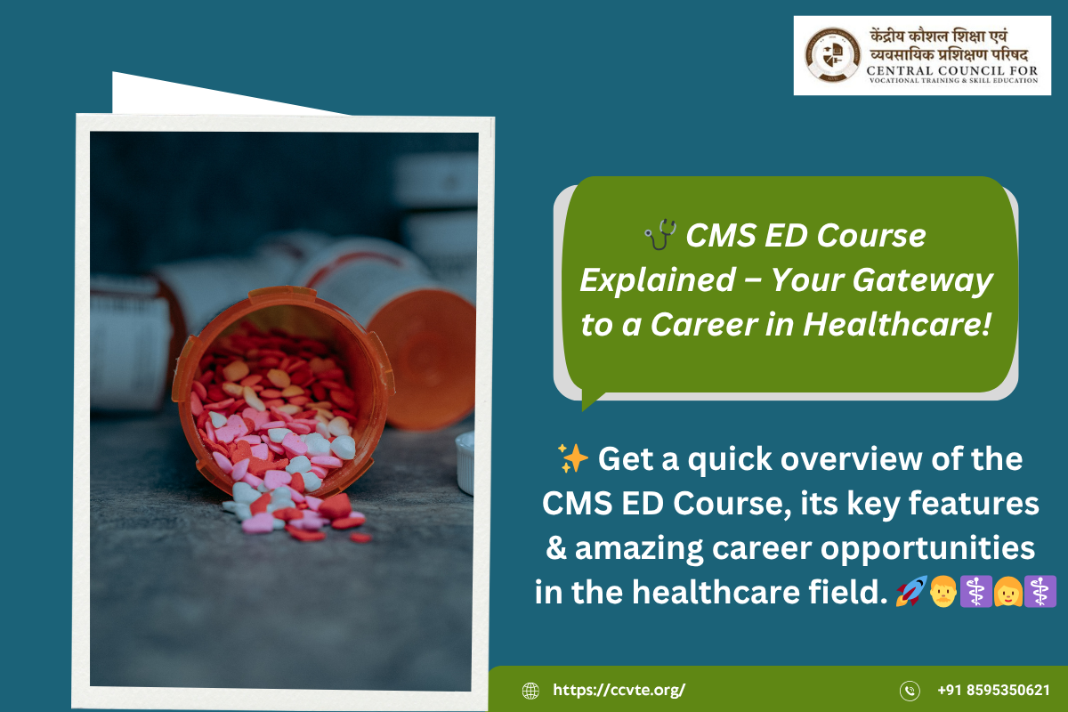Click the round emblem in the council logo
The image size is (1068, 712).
(x=832, y=55)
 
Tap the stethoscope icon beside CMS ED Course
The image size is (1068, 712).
(x=660, y=234)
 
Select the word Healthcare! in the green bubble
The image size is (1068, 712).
(x=897, y=324)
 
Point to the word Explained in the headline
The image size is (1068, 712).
(x=658, y=280)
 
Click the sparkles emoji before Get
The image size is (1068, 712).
(x=572, y=457)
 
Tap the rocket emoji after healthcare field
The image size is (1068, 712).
(x=911, y=591)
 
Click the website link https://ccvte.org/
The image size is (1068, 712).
(x=619, y=690)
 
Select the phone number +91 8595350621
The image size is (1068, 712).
(x=993, y=690)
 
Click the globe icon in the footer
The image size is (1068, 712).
(x=530, y=691)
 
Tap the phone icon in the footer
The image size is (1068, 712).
(x=910, y=691)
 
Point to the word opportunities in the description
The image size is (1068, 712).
(x=927, y=549)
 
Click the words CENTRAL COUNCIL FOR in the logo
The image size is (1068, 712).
(x=952, y=70)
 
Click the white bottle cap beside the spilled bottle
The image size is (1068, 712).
(x=465, y=463)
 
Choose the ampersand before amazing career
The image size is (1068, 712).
(x=556, y=547)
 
